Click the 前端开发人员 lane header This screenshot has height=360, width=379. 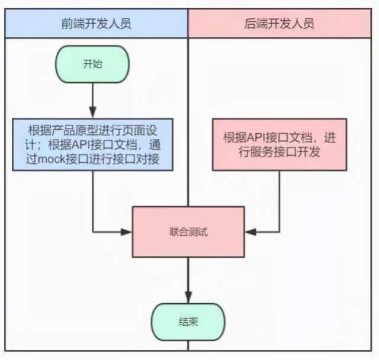click(95, 24)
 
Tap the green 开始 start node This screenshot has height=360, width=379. click(92, 63)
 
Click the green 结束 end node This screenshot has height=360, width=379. click(188, 323)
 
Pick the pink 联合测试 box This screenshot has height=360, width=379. click(188, 232)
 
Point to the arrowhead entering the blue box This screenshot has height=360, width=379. click(92, 112)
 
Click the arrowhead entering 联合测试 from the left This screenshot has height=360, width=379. click(127, 232)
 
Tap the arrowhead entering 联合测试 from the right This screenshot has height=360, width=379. click(250, 232)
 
